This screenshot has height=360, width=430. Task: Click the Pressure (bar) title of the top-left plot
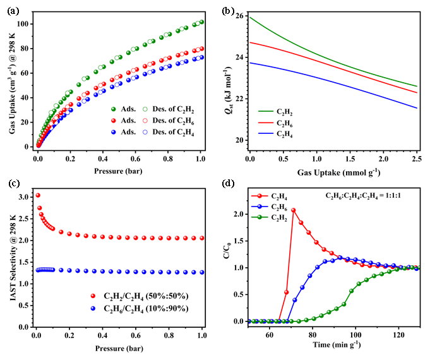click(119, 170)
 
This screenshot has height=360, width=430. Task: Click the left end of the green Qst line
click(250, 17)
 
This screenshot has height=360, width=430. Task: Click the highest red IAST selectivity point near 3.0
click(38, 195)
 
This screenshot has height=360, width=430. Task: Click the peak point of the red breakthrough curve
click(294, 210)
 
